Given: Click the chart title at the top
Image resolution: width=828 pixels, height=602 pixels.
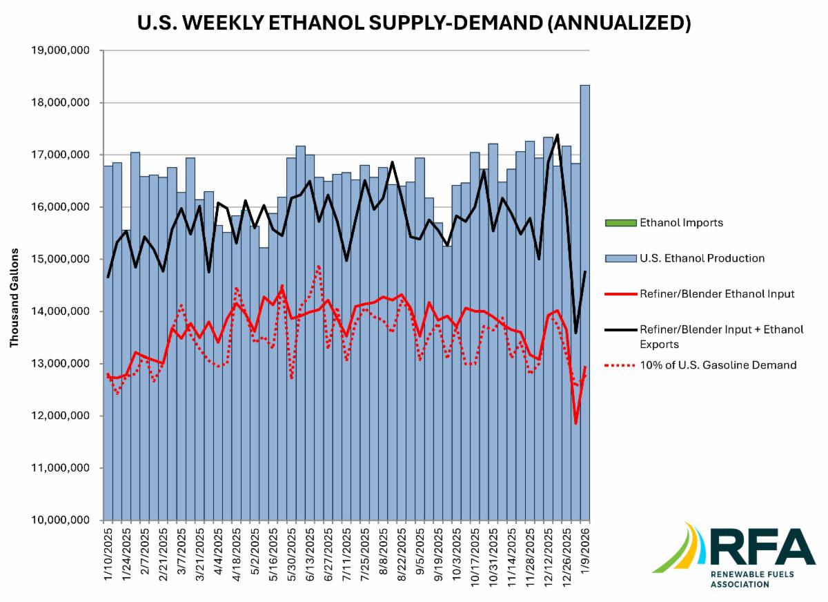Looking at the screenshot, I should click(x=413, y=23).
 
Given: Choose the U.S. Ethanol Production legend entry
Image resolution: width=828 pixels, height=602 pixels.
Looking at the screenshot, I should click(x=702, y=258).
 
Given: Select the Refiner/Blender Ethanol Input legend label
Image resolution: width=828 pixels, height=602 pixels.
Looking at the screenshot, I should click(x=717, y=293).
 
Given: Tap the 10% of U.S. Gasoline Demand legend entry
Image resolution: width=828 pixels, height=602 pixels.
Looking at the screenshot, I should click(x=718, y=365).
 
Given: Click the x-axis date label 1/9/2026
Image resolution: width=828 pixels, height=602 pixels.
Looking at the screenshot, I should click(x=584, y=552).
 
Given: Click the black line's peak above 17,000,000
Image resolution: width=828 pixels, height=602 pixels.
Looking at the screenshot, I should click(x=557, y=135).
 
